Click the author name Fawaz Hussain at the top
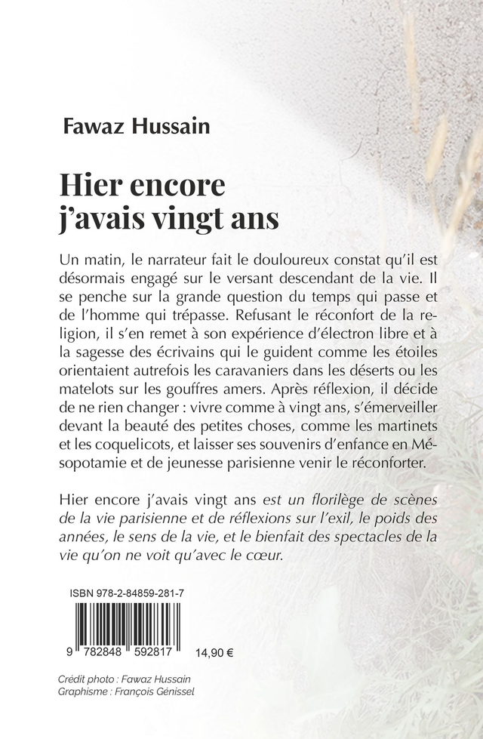(137, 124)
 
